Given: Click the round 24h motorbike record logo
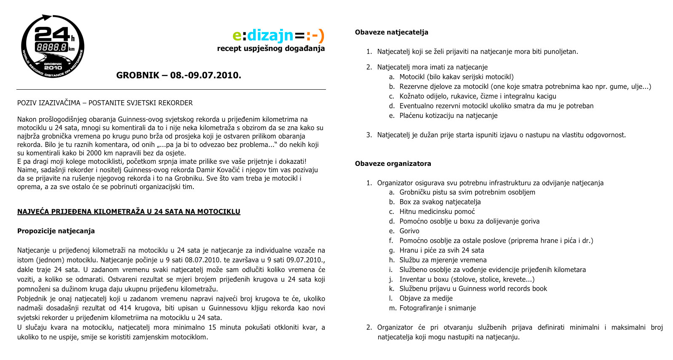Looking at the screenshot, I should tap(53, 46).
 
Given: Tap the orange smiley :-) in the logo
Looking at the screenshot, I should tap(315, 35).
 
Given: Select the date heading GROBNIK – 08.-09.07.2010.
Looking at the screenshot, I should tap(179, 75).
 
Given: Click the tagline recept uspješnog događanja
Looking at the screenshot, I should tap(271, 48).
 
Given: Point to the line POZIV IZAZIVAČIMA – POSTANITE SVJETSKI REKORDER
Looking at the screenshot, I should tap(105, 103).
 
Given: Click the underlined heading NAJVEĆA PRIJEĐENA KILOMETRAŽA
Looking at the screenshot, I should tap(128, 211).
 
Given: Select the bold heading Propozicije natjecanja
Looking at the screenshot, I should tap(56, 231).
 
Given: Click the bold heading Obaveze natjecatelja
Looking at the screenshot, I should tap(391, 32).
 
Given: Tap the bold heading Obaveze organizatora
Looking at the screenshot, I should tap(393, 163).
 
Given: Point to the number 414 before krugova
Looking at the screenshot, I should tap(126, 308).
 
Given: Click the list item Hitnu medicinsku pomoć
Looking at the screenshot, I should tap(437, 211).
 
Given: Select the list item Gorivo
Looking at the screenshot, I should tap(409, 231).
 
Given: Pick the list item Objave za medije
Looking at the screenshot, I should tap(426, 298).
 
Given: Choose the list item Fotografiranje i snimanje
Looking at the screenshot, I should tap(438, 308).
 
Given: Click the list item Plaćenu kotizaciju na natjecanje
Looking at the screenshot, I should tap(448, 115).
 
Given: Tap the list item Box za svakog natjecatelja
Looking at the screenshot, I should tap(440, 202).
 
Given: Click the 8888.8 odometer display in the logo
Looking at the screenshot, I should tap(52, 47).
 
